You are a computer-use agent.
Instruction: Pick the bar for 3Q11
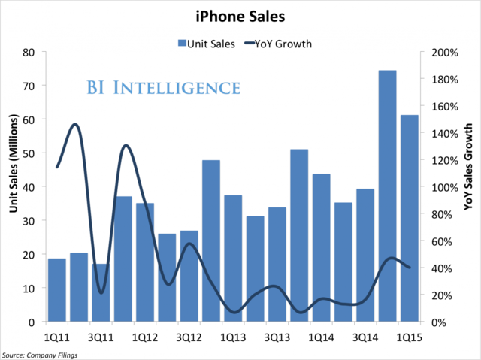[101, 292]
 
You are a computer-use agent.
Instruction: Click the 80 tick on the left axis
[29, 53]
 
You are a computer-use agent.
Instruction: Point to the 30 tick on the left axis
[29, 221]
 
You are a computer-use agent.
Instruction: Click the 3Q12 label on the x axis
[189, 336]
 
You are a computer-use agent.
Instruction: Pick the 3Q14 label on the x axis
[365, 336]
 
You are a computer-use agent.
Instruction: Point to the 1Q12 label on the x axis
[144, 336]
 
